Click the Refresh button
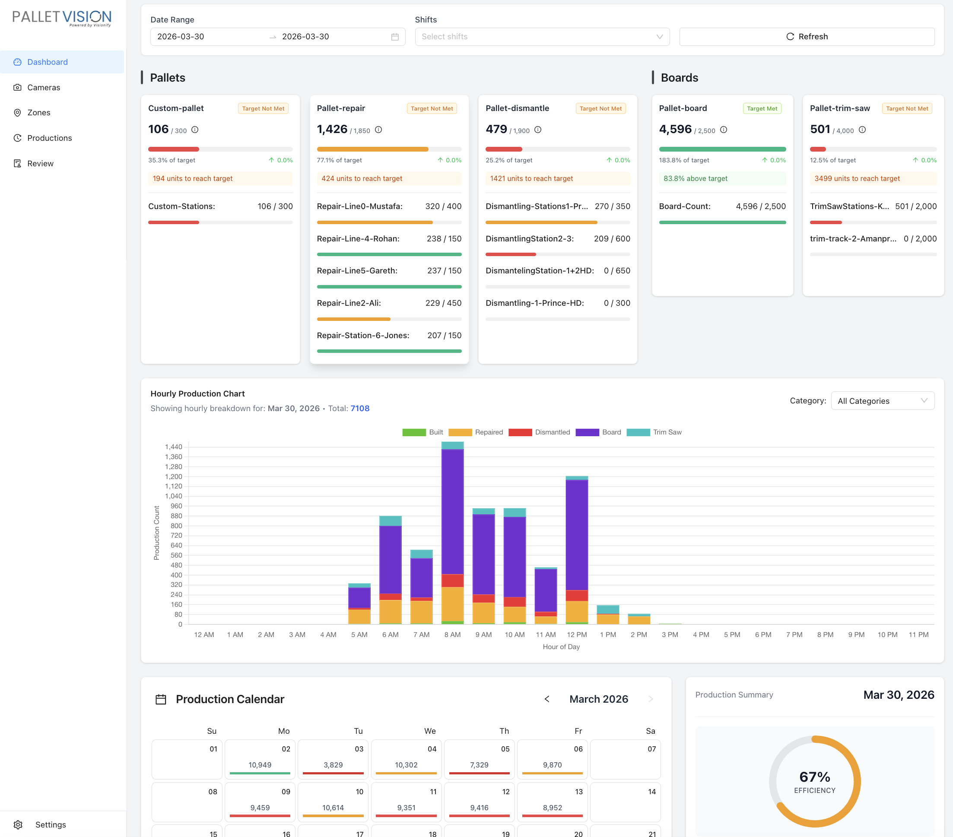click(807, 36)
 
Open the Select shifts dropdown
click(542, 36)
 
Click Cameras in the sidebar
click(43, 87)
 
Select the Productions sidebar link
click(49, 138)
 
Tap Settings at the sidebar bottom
click(51, 824)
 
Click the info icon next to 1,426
click(378, 130)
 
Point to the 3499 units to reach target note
click(857, 178)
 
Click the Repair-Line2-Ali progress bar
click(389, 319)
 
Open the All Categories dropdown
click(882, 401)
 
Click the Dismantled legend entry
click(540, 432)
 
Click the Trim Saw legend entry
click(654, 432)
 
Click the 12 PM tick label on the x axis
click(577, 635)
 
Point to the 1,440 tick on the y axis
click(173, 447)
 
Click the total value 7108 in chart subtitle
click(360, 408)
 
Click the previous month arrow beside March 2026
click(547, 699)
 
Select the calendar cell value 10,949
click(260, 765)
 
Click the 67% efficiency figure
click(814, 777)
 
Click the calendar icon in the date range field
click(395, 37)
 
